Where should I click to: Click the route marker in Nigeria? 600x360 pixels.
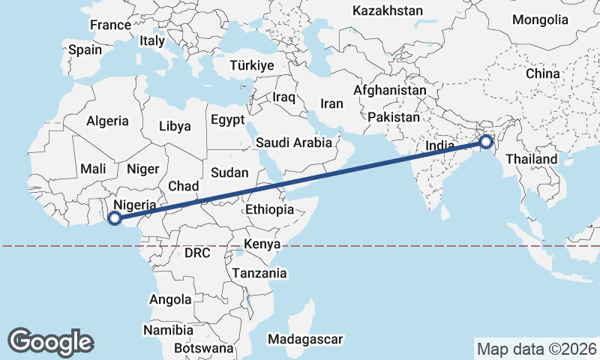[115, 218]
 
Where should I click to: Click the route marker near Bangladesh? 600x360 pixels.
[486, 141]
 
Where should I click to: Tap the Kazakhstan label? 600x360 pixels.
[387, 11]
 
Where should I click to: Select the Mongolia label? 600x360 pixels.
[540, 19]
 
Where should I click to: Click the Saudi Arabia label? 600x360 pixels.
[294, 142]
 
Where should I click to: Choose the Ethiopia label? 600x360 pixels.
[269, 209]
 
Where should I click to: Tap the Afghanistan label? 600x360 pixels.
[390, 90]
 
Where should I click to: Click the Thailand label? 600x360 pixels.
[531, 159]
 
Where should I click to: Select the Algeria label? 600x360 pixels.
[107, 121]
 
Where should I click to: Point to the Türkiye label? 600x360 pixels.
[252, 65]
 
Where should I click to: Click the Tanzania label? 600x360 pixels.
[259, 274]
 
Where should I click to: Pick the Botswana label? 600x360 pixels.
[203, 349]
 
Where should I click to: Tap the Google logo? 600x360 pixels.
[50, 341]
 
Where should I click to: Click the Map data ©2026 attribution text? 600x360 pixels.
[536, 349]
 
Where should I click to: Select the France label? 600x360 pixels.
[110, 25]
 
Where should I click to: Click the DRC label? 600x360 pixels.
[199, 253]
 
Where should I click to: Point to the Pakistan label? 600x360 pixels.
[394, 118]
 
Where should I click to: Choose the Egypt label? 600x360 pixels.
[227, 120]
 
